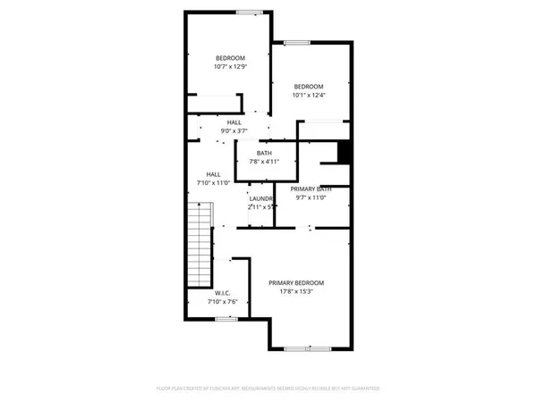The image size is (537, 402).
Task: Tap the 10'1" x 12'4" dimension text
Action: pos(307,96)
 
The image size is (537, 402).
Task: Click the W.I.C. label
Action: pos(223,293)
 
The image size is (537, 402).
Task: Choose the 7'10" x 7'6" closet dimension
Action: pos(223,302)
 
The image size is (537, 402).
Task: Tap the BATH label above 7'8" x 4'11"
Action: pos(264,153)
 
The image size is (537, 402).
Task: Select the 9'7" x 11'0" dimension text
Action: pos(313,197)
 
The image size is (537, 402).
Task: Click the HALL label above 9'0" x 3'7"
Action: pos(234,122)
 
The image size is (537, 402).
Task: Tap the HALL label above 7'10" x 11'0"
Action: pos(214,174)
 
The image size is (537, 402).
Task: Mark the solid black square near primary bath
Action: pos(341,153)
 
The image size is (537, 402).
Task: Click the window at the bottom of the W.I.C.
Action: pos(226,318)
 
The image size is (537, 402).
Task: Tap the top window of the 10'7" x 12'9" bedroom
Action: pos(249,12)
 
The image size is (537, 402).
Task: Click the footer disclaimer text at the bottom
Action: pos(268,389)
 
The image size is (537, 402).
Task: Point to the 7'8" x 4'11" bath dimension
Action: pos(264,162)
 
